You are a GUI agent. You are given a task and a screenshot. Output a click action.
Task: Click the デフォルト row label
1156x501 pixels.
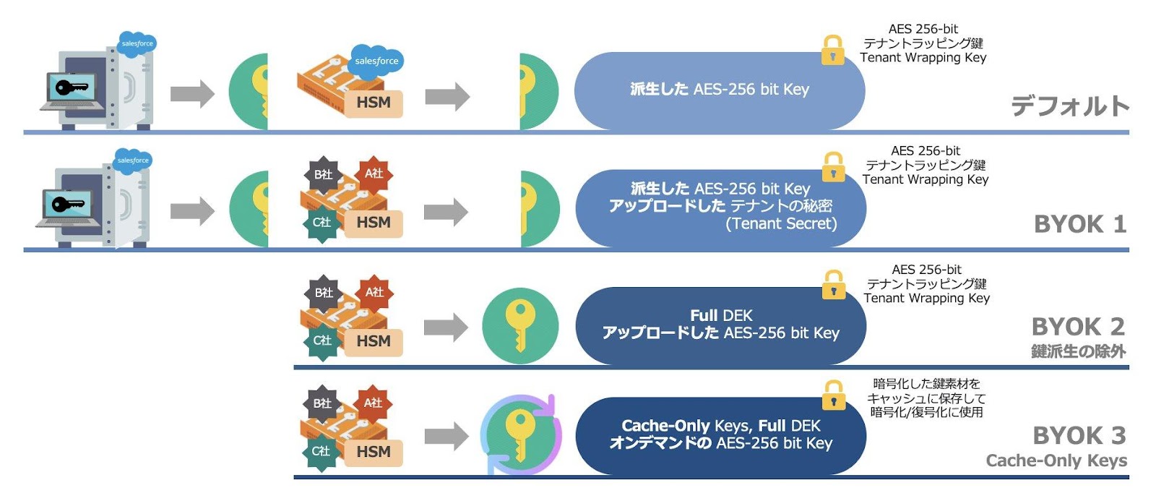click(1069, 106)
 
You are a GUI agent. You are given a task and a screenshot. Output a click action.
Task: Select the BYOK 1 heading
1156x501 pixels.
click(1079, 224)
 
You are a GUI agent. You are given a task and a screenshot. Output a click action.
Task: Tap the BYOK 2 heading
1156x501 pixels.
click(1077, 327)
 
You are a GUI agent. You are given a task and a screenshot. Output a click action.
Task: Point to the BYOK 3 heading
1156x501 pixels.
click(1079, 436)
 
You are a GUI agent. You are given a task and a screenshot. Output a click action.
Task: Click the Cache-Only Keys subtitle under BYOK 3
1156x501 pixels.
click(1056, 461)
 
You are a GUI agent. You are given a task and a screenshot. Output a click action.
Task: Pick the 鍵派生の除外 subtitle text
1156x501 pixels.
click(1078, 351)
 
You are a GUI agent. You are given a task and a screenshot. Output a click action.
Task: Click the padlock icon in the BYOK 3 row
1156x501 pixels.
click(833, 395)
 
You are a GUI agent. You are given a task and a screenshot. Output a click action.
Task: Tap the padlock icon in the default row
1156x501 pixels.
click(832, 50)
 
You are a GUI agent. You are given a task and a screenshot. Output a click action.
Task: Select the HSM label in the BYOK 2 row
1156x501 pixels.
click(373, 341)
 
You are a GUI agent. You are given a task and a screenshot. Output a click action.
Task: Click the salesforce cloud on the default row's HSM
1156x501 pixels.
click(376, 61)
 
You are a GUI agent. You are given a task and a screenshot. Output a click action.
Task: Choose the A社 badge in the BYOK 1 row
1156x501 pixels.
click(374, 174)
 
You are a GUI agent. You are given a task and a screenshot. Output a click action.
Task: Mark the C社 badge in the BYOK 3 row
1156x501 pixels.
click(322, 451)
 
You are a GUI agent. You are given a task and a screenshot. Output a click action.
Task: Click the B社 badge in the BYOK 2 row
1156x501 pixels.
click(323, 293)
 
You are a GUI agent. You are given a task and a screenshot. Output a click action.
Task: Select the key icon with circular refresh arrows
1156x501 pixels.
click(520, 434)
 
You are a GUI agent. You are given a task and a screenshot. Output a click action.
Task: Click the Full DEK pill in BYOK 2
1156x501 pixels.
click(720, 325)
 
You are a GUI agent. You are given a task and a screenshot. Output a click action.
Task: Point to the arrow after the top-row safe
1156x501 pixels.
click(192, 93)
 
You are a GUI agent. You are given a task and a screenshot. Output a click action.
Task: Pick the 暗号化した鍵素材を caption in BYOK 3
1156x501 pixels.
click(926, 384)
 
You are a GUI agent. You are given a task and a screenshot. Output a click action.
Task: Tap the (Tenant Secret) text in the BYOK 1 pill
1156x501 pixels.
click(780, 224)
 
